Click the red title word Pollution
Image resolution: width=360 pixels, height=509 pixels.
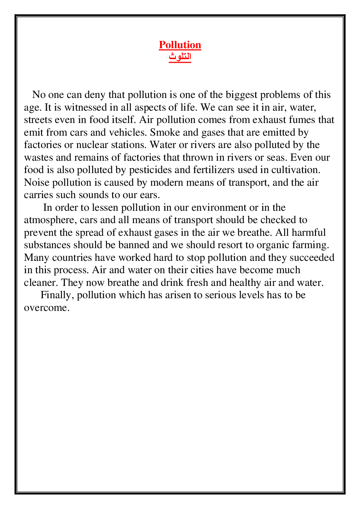[180, 45]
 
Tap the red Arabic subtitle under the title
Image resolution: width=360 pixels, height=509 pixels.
[180, 57]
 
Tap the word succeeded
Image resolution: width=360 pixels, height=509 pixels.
[312, 258]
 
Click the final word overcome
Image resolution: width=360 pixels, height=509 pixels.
[46, 308]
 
